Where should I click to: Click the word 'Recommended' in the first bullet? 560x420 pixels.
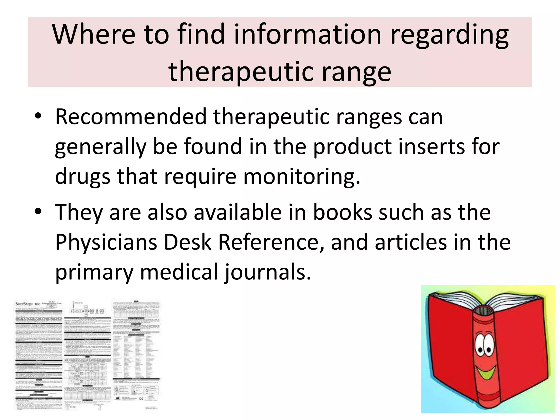point(130,117)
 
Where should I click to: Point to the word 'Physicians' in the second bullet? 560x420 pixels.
point(106,242)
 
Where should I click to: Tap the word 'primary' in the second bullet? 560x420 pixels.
point(94,272)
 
